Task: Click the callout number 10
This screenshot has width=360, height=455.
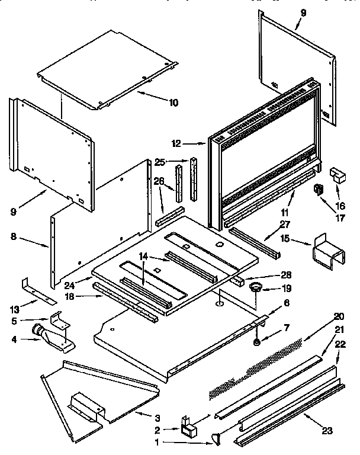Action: coord(173,102)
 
